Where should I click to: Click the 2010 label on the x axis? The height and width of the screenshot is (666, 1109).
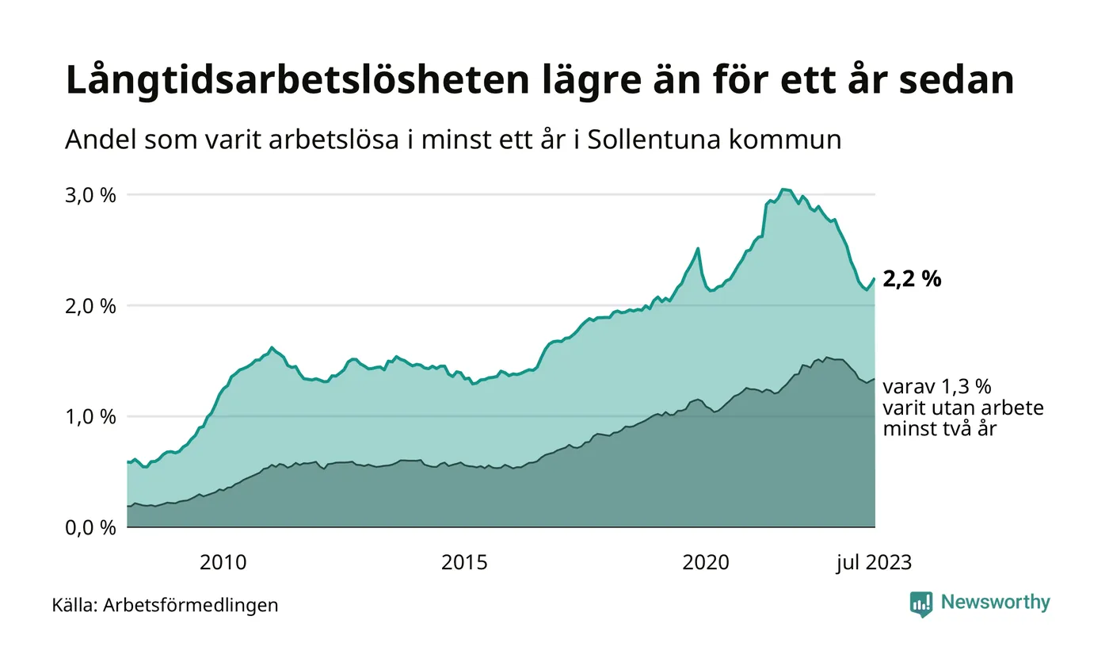(223, 563)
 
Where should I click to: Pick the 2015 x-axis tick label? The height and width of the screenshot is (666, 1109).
(464, 563)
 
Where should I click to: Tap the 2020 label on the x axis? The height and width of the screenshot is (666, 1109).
(706, 563)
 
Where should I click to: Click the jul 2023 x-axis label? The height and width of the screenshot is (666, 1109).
(874, 563)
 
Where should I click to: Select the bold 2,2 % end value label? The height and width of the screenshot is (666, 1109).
(912, 279)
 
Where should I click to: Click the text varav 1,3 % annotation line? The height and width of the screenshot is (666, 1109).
(937, 387)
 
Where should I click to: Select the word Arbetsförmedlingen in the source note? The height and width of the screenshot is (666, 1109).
(191, 605)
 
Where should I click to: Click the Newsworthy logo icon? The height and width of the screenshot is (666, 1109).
(921, 603)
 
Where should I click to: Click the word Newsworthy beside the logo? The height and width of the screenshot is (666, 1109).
(996, 603)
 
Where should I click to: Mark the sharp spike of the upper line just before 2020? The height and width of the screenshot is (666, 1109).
(698, 249)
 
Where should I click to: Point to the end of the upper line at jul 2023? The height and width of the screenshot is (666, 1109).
(875, 278)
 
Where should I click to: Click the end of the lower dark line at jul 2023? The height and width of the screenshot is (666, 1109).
(875, 379)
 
